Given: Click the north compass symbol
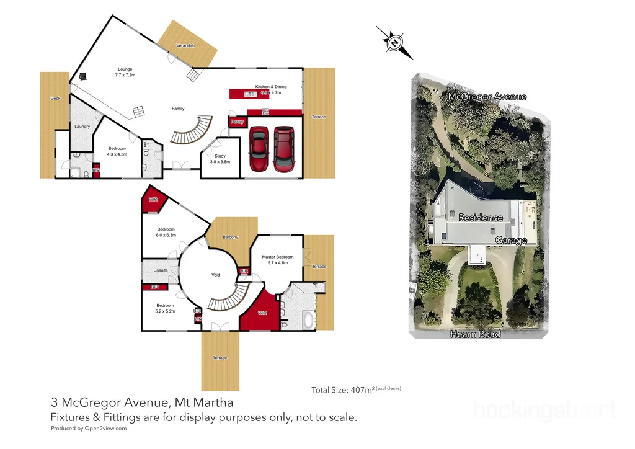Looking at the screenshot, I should tap(394, 43).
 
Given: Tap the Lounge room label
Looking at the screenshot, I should tap(126, 72).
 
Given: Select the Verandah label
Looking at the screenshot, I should tap(185, 46).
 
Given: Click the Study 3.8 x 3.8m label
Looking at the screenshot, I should tap(220, 159).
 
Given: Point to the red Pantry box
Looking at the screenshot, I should tap(237, 122).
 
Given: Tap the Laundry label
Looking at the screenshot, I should tap(82, 127).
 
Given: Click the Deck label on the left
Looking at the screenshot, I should tap(56, 98).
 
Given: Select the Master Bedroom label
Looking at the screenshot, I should tap(277, 260).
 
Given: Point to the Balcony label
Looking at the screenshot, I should tap(230, 238).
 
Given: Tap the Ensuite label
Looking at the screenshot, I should tap(161, 271).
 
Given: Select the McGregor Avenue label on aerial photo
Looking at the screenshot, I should tap(487, 97).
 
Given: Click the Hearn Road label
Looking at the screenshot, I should tap(476, 334).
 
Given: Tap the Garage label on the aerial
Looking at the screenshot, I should tap(512, 240).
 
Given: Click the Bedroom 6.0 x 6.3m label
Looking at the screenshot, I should tap(166, 233).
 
